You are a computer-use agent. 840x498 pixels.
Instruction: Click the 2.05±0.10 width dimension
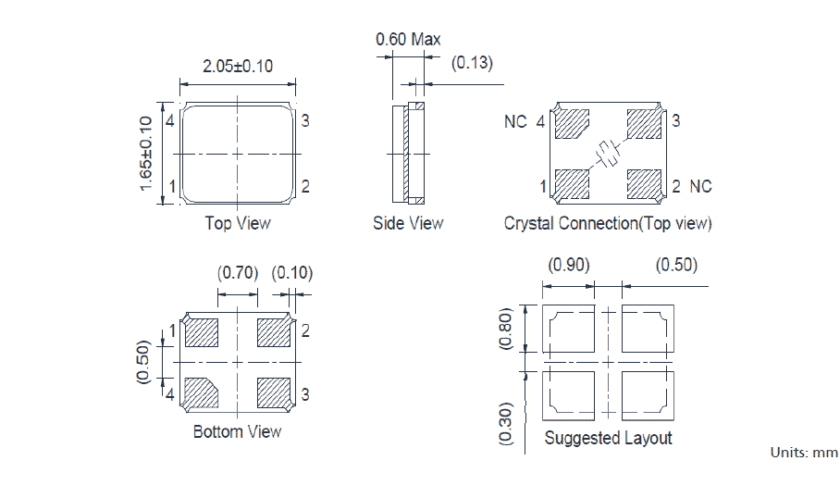pyautogui.click(x=237, y=67)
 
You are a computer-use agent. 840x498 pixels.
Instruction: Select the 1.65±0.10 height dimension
pyautogui.click(x=146, y=154)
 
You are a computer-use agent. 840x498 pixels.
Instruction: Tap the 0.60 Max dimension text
pyautogui.click(x=407, y=40)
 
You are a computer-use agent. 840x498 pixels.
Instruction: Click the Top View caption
pyautogui.click(x=238, y=223)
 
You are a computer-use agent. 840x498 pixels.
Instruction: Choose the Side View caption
pyautogui.click(x=408, y=223)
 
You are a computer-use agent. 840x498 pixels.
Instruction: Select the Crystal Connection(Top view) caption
pyautogui.click(x=608, y=223)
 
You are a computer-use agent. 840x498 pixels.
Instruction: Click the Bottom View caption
pyautogui.click(x=237, y=432)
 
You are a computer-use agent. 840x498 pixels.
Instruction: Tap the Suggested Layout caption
pyautogui.click(x=608, y=438)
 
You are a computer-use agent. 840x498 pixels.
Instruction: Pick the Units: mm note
pyautogui.click(x=804, y=453)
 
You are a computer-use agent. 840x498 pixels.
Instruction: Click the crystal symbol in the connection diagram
pyautogui.click(x=608, y=154)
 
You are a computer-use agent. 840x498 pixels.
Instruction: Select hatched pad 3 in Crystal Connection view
pyautogui.click(x=645, y=123)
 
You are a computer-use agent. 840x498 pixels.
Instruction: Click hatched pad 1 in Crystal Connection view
pyautogui.click(x=571, y=184)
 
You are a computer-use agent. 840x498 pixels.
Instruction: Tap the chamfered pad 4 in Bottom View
pyautogui.click(x=201, y=393)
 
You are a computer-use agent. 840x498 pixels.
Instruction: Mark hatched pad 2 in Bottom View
pyautogui.click(x=274, y=331)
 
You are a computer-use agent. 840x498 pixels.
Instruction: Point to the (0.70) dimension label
pyautogui.click(x=238, y=273)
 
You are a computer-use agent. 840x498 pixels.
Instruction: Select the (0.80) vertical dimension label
pyautogui.click(x=507, y=328)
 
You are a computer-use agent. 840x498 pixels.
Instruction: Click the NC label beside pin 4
pyautogui.click(x=515, y=122)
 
